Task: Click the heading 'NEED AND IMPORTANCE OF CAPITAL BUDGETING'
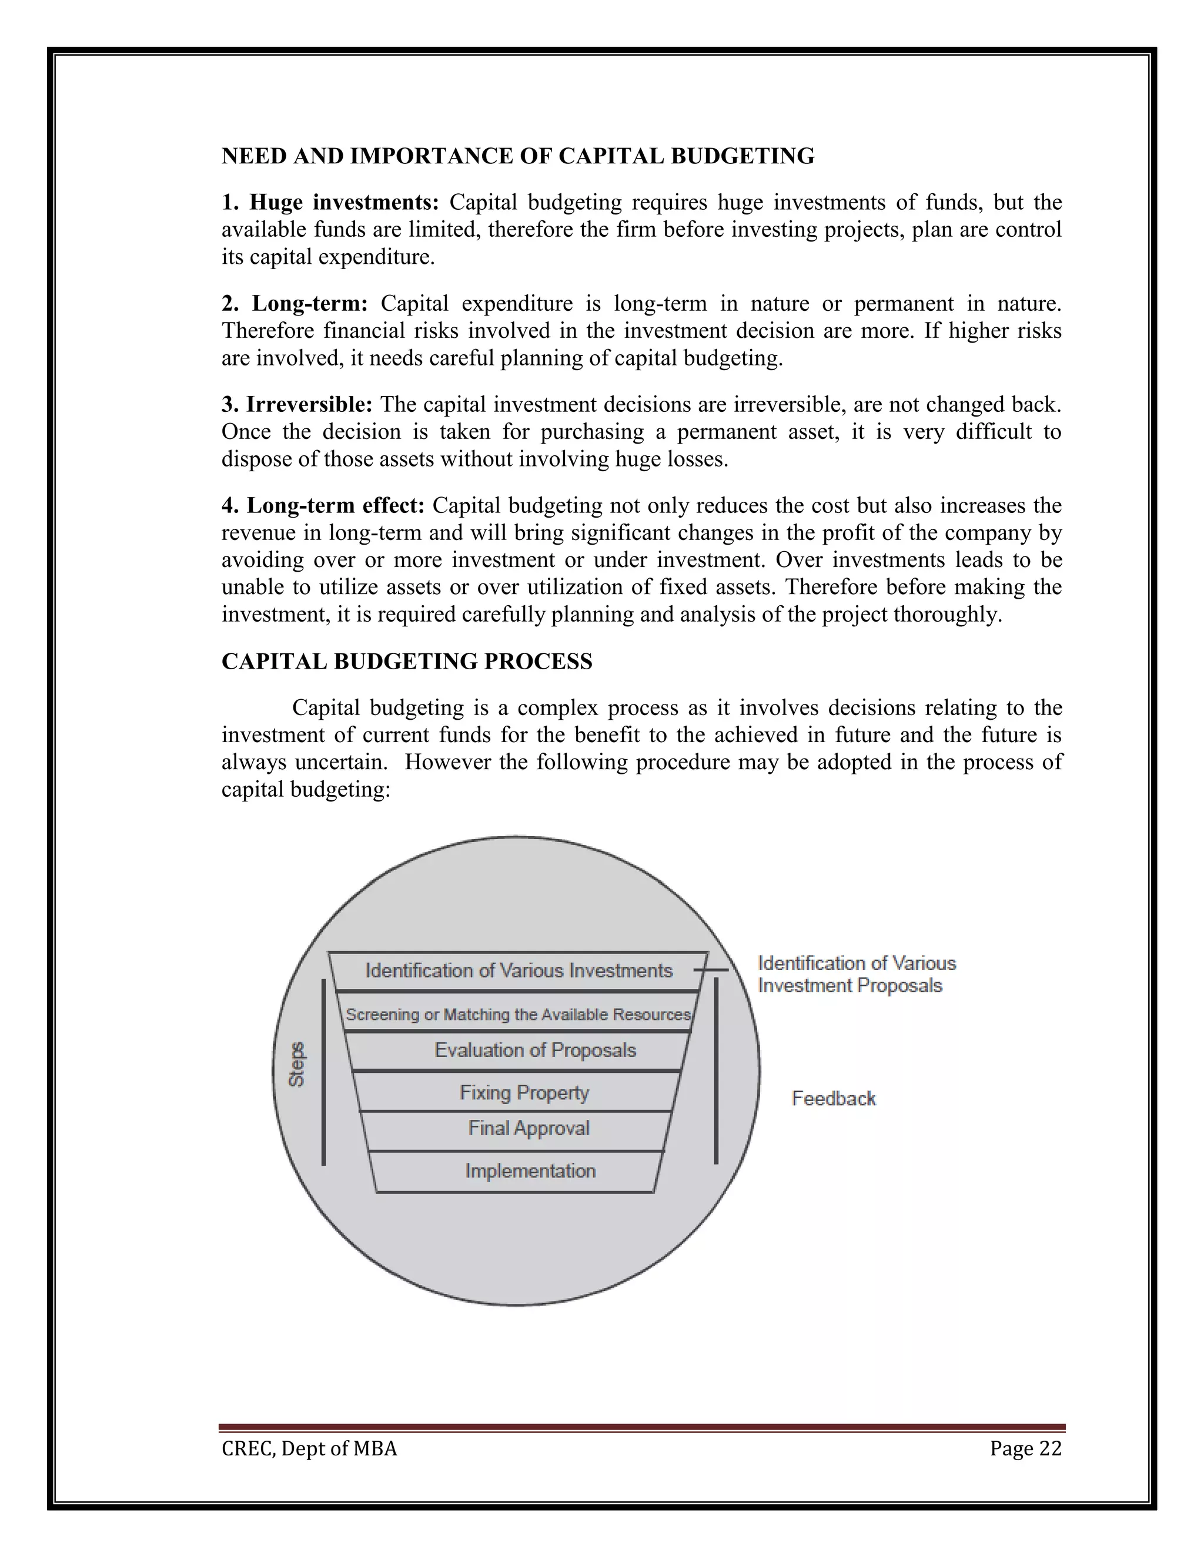(518, 156)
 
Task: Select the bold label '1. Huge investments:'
(330, 203)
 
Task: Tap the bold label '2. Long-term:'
(295, 304)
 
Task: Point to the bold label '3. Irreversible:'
(297, 405)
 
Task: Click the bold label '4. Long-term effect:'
(323, 506)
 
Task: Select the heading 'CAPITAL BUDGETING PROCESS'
(407, 662)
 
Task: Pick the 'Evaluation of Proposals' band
(535, 1050)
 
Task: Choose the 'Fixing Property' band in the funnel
(524, 1093)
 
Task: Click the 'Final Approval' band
(529, 1129)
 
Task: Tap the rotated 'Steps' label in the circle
(297, 1065)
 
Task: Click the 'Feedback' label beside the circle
(833, 1099)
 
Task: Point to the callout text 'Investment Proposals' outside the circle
(850, 986)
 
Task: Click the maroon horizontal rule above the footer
(642, 1427)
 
